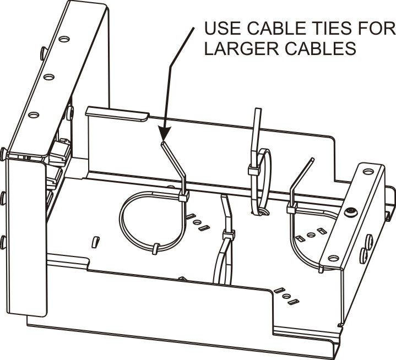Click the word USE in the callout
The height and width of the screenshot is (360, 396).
pos(223,28)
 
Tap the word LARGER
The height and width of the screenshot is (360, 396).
pos(241,48)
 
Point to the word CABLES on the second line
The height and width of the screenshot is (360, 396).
pos(321,48)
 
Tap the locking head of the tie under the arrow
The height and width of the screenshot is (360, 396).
pos(183,196)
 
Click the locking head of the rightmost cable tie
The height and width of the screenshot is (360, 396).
pos(291,208)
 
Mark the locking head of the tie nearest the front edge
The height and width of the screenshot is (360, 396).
pos(229,235)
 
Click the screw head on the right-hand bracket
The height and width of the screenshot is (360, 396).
pos(350,211)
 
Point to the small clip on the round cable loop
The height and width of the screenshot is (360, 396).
pos(156,249)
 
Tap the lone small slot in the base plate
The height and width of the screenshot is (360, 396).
pos(95,242)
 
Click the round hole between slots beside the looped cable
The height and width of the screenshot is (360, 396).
pos(197,222)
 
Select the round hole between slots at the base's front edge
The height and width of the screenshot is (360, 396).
pos(286,296)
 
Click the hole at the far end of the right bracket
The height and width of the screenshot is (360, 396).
pos(368,172)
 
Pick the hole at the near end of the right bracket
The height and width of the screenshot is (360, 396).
pos(333,258)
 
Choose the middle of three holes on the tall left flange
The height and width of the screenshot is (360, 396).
pos(48,77)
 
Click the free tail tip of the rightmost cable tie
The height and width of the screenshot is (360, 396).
pos(313,159)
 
